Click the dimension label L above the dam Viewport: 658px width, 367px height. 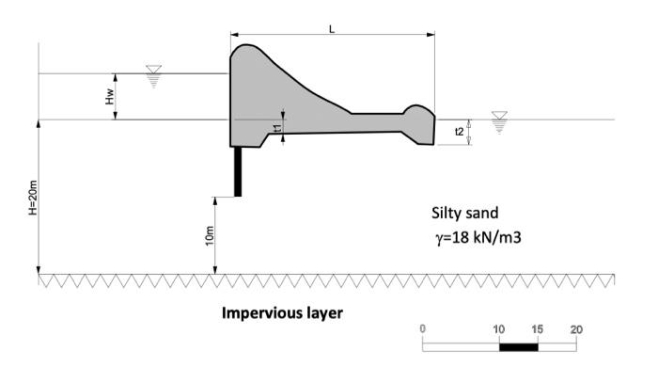pyautogui.click(x=332, y=29)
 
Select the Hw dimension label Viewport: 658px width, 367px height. pyautogui.click(x=110, y=97)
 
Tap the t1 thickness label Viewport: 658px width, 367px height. pyautogui.click(x=277, y=129)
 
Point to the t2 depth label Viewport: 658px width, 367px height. pyautogui.click(x=460, y=132)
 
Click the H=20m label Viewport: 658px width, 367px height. pyautogui.click(x=33, y=198)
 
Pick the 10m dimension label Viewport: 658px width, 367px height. pyautogui.click(x=210, y=236)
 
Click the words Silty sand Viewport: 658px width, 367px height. pyautogui.click(x=465, y=214)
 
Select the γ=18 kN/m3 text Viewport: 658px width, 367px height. pyautogui.click(x=478, y=238)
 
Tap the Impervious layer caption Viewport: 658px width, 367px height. pyautogui.click(x=282, y=313)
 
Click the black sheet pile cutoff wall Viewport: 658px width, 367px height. pyautogui.click(x=238, y=171)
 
